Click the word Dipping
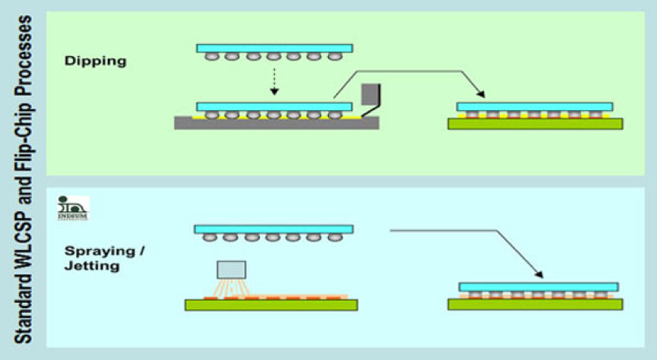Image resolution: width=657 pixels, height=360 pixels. pyautogui.click(x=96, y=61)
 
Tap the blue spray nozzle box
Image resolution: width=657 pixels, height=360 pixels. pyautogui.click(x=232, y=270)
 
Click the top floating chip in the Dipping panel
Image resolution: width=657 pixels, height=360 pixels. pyautogui.click(x=274, y=48)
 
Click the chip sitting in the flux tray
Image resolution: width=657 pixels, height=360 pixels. pyautogui.click(x=274, y=106)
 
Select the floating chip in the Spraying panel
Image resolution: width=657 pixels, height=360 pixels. pyautogui.click(x=273, y=229)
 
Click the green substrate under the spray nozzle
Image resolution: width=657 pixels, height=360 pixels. pyautogui.click(x=271, y=305)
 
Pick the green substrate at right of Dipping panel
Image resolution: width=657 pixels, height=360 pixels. pyautogui.click(x=535, y=124)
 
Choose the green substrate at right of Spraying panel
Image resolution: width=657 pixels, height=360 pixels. pyautogui.click(x=535, y=304)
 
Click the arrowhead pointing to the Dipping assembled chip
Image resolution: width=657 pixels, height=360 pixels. pyautogui.click(x=482, y=95)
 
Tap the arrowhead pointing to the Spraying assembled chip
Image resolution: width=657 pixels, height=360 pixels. pyautogui.click(x=538, y=273)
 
